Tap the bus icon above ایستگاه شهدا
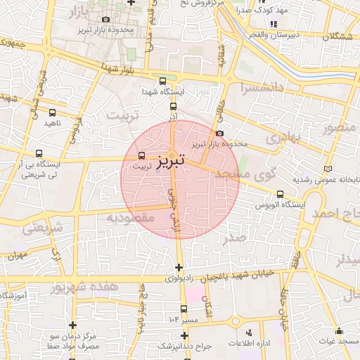[x=163, y=81]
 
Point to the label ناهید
[x=53, y=123]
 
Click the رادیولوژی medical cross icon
[x=179, y=267]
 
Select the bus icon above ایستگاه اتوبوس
[x=281, y=194]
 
